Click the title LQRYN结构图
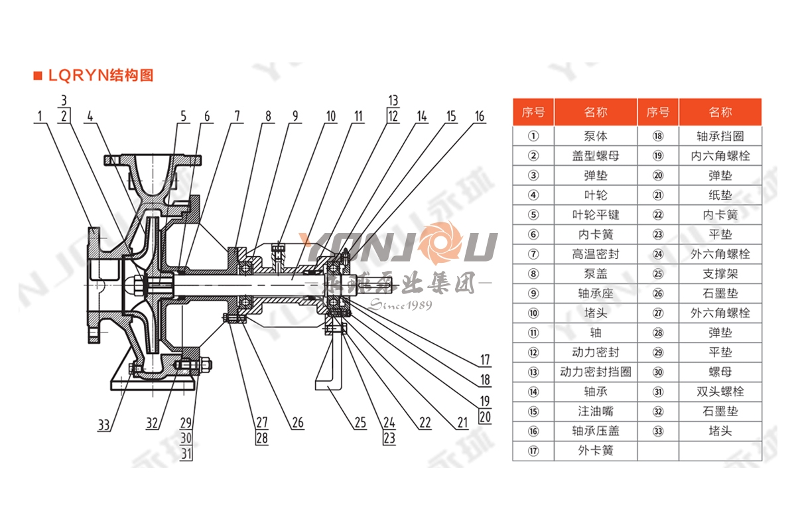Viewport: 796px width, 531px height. click(x=100, y=75)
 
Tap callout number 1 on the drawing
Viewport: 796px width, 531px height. click(x=40, y=117)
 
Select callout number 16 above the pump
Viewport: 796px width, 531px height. click(x=479, y=117)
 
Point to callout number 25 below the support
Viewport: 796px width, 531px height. click(x=360, y=422)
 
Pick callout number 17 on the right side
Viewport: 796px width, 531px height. click(x=485, y=360)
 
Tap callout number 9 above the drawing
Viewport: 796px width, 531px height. click(x=295, y=117)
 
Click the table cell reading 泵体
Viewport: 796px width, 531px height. click(x=595, y=136)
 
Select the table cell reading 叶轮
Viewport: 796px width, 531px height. click(x=595, y=195)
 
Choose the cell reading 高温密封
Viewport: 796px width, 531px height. click(x=595, y=254)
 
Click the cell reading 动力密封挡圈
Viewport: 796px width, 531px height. click(x=595, y=372)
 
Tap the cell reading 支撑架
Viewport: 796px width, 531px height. click(x=720, y=273)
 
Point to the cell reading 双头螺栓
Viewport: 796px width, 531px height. click(x=720, y=392)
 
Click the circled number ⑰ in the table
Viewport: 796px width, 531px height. click(x=533, y=451)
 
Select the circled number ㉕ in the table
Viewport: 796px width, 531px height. click(x=657, y=273)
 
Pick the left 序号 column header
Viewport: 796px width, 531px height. click(x=533, y=112)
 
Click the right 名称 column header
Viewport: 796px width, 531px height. click(x=720, y=112)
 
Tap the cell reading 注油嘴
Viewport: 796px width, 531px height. click(x=595, y=411)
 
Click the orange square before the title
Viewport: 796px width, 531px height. click(x=38, y=75)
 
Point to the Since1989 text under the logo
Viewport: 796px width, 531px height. click(x=400, y=305)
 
